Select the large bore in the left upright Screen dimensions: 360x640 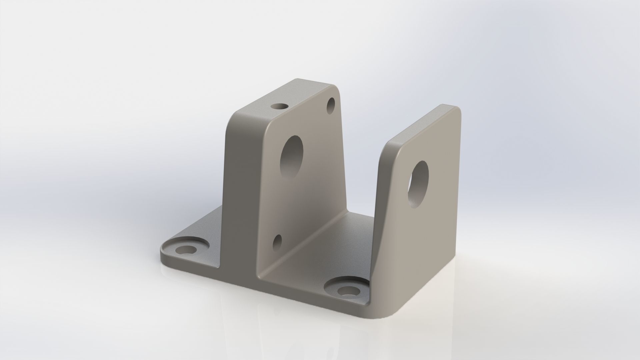click(292, 157)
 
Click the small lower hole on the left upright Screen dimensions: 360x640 click(277, 242)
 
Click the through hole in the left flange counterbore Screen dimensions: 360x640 click(186, 249)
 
